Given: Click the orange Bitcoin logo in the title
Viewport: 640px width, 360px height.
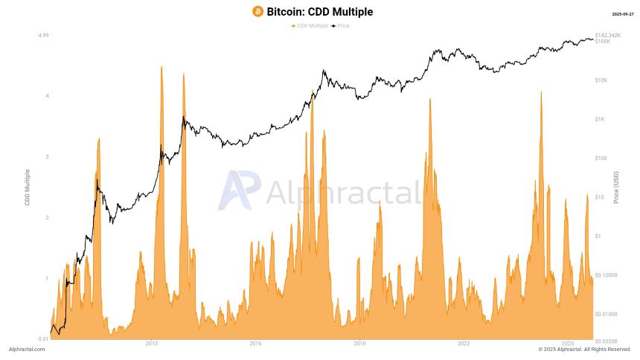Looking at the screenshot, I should coord(257,12).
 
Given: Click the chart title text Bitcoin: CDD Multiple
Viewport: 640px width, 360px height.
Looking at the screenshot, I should coord(320,12).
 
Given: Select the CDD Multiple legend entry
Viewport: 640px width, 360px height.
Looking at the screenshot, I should coord(310,26).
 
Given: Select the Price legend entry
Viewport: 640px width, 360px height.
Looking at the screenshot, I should coord(340,26).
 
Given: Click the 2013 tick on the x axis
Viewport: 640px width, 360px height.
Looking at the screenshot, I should coord(151,344).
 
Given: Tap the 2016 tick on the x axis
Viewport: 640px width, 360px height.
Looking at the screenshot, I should coord(255,344).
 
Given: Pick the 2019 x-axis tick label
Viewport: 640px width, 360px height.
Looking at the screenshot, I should coord(359,344).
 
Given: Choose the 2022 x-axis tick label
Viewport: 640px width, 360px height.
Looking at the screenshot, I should coord(464,344).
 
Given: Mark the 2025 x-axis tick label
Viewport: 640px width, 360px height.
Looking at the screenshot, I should coord(568,344).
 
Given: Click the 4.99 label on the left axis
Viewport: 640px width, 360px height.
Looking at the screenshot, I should coord(43,35).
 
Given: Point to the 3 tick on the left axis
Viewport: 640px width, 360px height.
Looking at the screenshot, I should coord(48,157).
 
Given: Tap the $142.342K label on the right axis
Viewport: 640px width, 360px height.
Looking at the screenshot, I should coord(608,35).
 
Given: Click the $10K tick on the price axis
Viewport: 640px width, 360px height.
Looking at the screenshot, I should coord(601,80).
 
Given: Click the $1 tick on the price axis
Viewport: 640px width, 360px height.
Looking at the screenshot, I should coord(598,236).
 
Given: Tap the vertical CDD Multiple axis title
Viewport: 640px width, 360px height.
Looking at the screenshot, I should coord(28,187).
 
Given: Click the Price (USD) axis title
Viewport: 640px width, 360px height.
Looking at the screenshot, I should coord(616,187).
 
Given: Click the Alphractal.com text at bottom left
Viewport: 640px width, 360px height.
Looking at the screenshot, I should coord(27,350).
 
